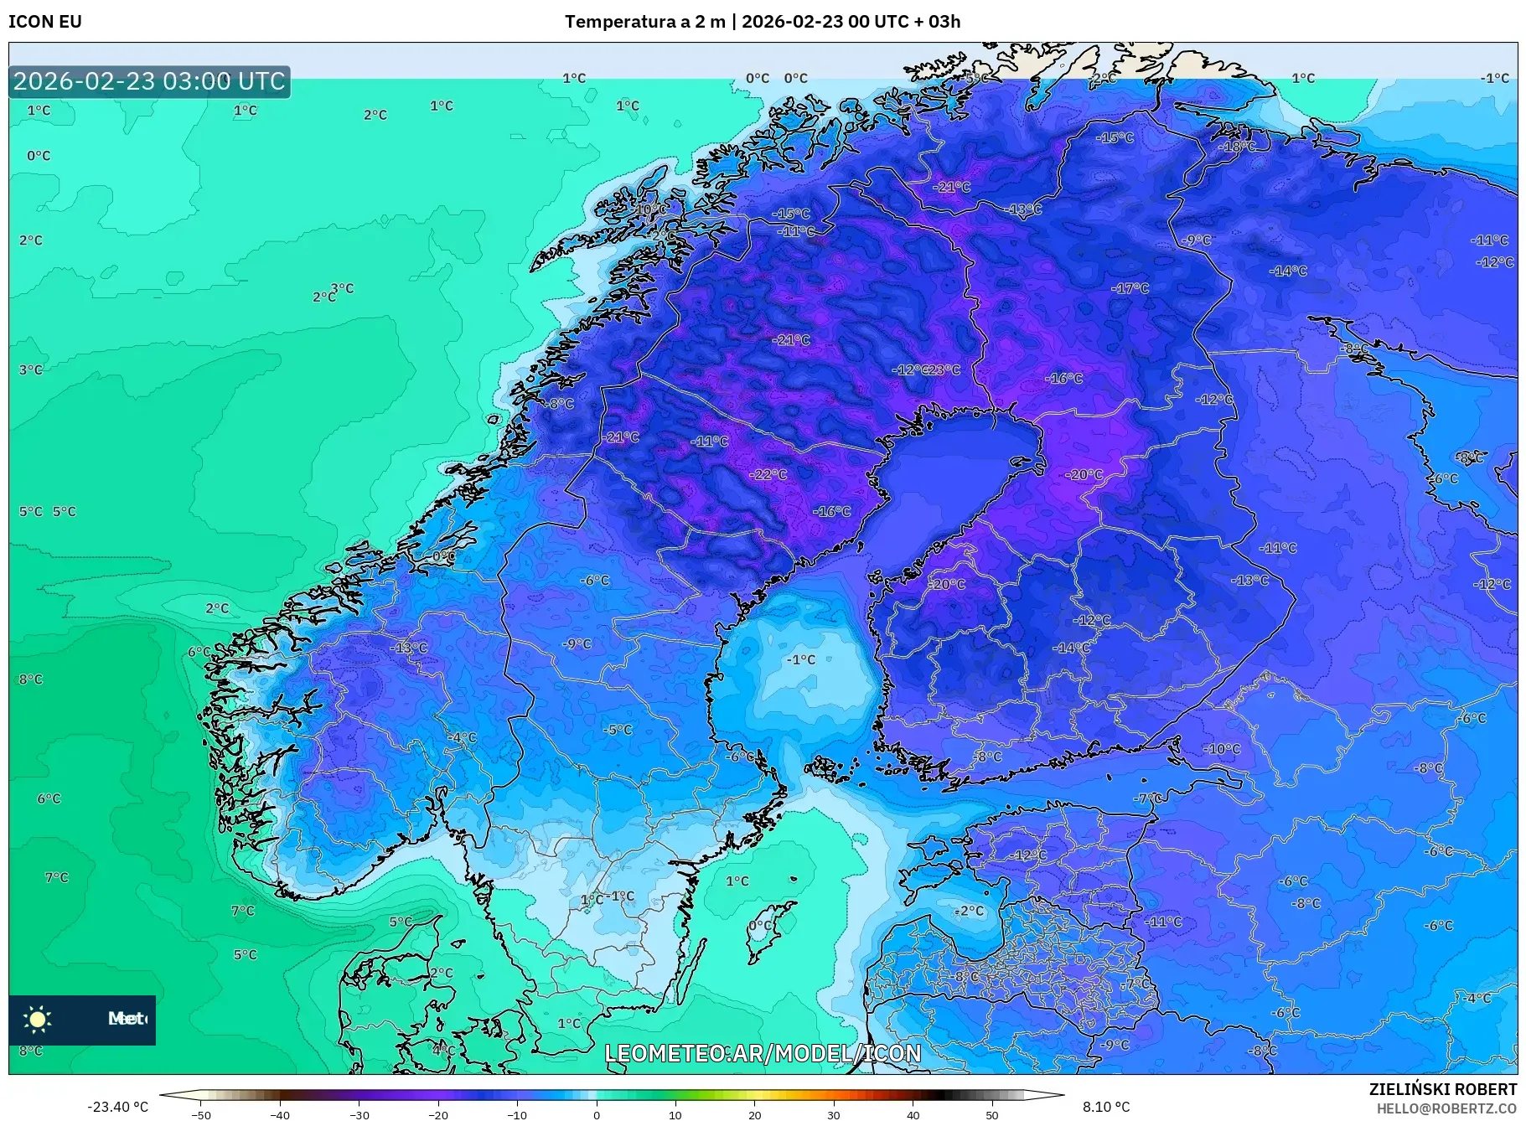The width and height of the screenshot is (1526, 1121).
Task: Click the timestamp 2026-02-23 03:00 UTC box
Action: tap(149, 81)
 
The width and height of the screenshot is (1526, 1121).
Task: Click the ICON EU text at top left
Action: tap(45, 22)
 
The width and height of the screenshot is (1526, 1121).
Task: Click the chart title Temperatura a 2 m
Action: tap(644, 22)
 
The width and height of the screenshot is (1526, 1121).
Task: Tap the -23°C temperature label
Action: tap(944, 369)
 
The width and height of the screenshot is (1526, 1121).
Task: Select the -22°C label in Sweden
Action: tap(768, 474)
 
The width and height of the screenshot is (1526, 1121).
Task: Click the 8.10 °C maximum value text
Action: tap(1105, 1107)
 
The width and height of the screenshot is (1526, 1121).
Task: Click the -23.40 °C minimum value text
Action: tap(117, 1107)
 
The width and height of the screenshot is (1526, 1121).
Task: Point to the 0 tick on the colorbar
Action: tap(597, 1114)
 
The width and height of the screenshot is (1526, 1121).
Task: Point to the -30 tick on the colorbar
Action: tap(360, 1114)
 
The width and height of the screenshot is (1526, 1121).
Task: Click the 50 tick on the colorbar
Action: tap(992, 1114)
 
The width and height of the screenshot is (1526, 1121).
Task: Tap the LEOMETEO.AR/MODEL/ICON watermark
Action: tap(763, 1053)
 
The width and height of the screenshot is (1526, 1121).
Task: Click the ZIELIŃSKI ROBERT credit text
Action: tap(1442, 1089)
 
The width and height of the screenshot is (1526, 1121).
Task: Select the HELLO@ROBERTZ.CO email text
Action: tap(1446, 1108)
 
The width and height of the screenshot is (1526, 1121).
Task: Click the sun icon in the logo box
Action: tap(38, 1019)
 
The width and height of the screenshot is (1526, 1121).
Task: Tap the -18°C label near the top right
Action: tap(1237, 146)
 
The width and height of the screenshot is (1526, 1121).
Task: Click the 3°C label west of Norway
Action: tap(342, 288)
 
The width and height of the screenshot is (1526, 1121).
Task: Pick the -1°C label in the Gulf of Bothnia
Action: tap(800, 659)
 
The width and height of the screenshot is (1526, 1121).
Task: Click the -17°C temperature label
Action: tap(1130, 288)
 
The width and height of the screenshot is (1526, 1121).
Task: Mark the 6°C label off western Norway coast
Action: tap(199, 652)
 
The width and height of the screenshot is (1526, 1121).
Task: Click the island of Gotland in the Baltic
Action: tap(773, 930)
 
